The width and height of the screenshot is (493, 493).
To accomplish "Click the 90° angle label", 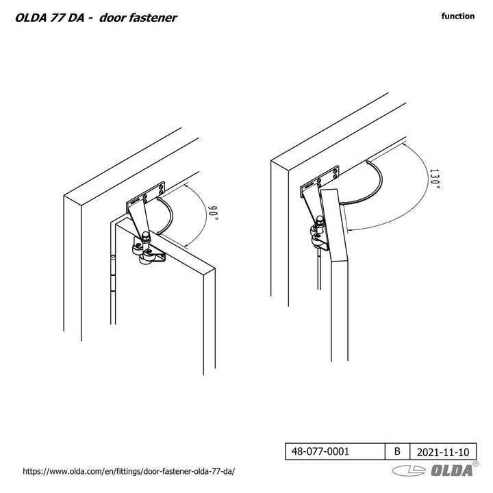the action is (x=214, y=213).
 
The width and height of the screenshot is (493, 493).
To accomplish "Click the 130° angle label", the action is (x=435, y=179).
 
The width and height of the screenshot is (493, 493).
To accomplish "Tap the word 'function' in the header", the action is (x=458, y=16).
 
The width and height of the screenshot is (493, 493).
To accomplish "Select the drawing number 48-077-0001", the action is (x=320, y=451).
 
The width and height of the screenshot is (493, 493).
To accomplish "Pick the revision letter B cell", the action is (x=397, y=451).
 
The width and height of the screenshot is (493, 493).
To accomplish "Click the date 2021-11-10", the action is (x=443, y=452).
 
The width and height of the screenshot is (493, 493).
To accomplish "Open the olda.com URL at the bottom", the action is (x=129, y=471).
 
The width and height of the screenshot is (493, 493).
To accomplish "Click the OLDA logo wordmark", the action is (x=451, y=470).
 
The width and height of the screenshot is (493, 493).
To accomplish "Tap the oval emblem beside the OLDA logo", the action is (x=409, y=470).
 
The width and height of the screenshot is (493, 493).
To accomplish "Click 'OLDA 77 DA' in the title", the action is (x=50, y=18).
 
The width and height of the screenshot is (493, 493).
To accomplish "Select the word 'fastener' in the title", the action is (x=154, y=18).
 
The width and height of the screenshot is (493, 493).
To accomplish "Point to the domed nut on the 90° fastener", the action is (x=146, y=236).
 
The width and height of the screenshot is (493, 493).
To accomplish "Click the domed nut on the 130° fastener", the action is (x=319, y=220).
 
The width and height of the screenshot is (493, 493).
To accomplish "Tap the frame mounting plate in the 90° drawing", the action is (x=145, y=197).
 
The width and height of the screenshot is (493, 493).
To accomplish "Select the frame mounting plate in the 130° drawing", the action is (x=320, y=181).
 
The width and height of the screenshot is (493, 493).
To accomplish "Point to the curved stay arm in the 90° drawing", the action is (x=166, y=214).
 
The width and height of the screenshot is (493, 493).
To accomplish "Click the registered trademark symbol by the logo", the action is (x=475, y=464).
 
